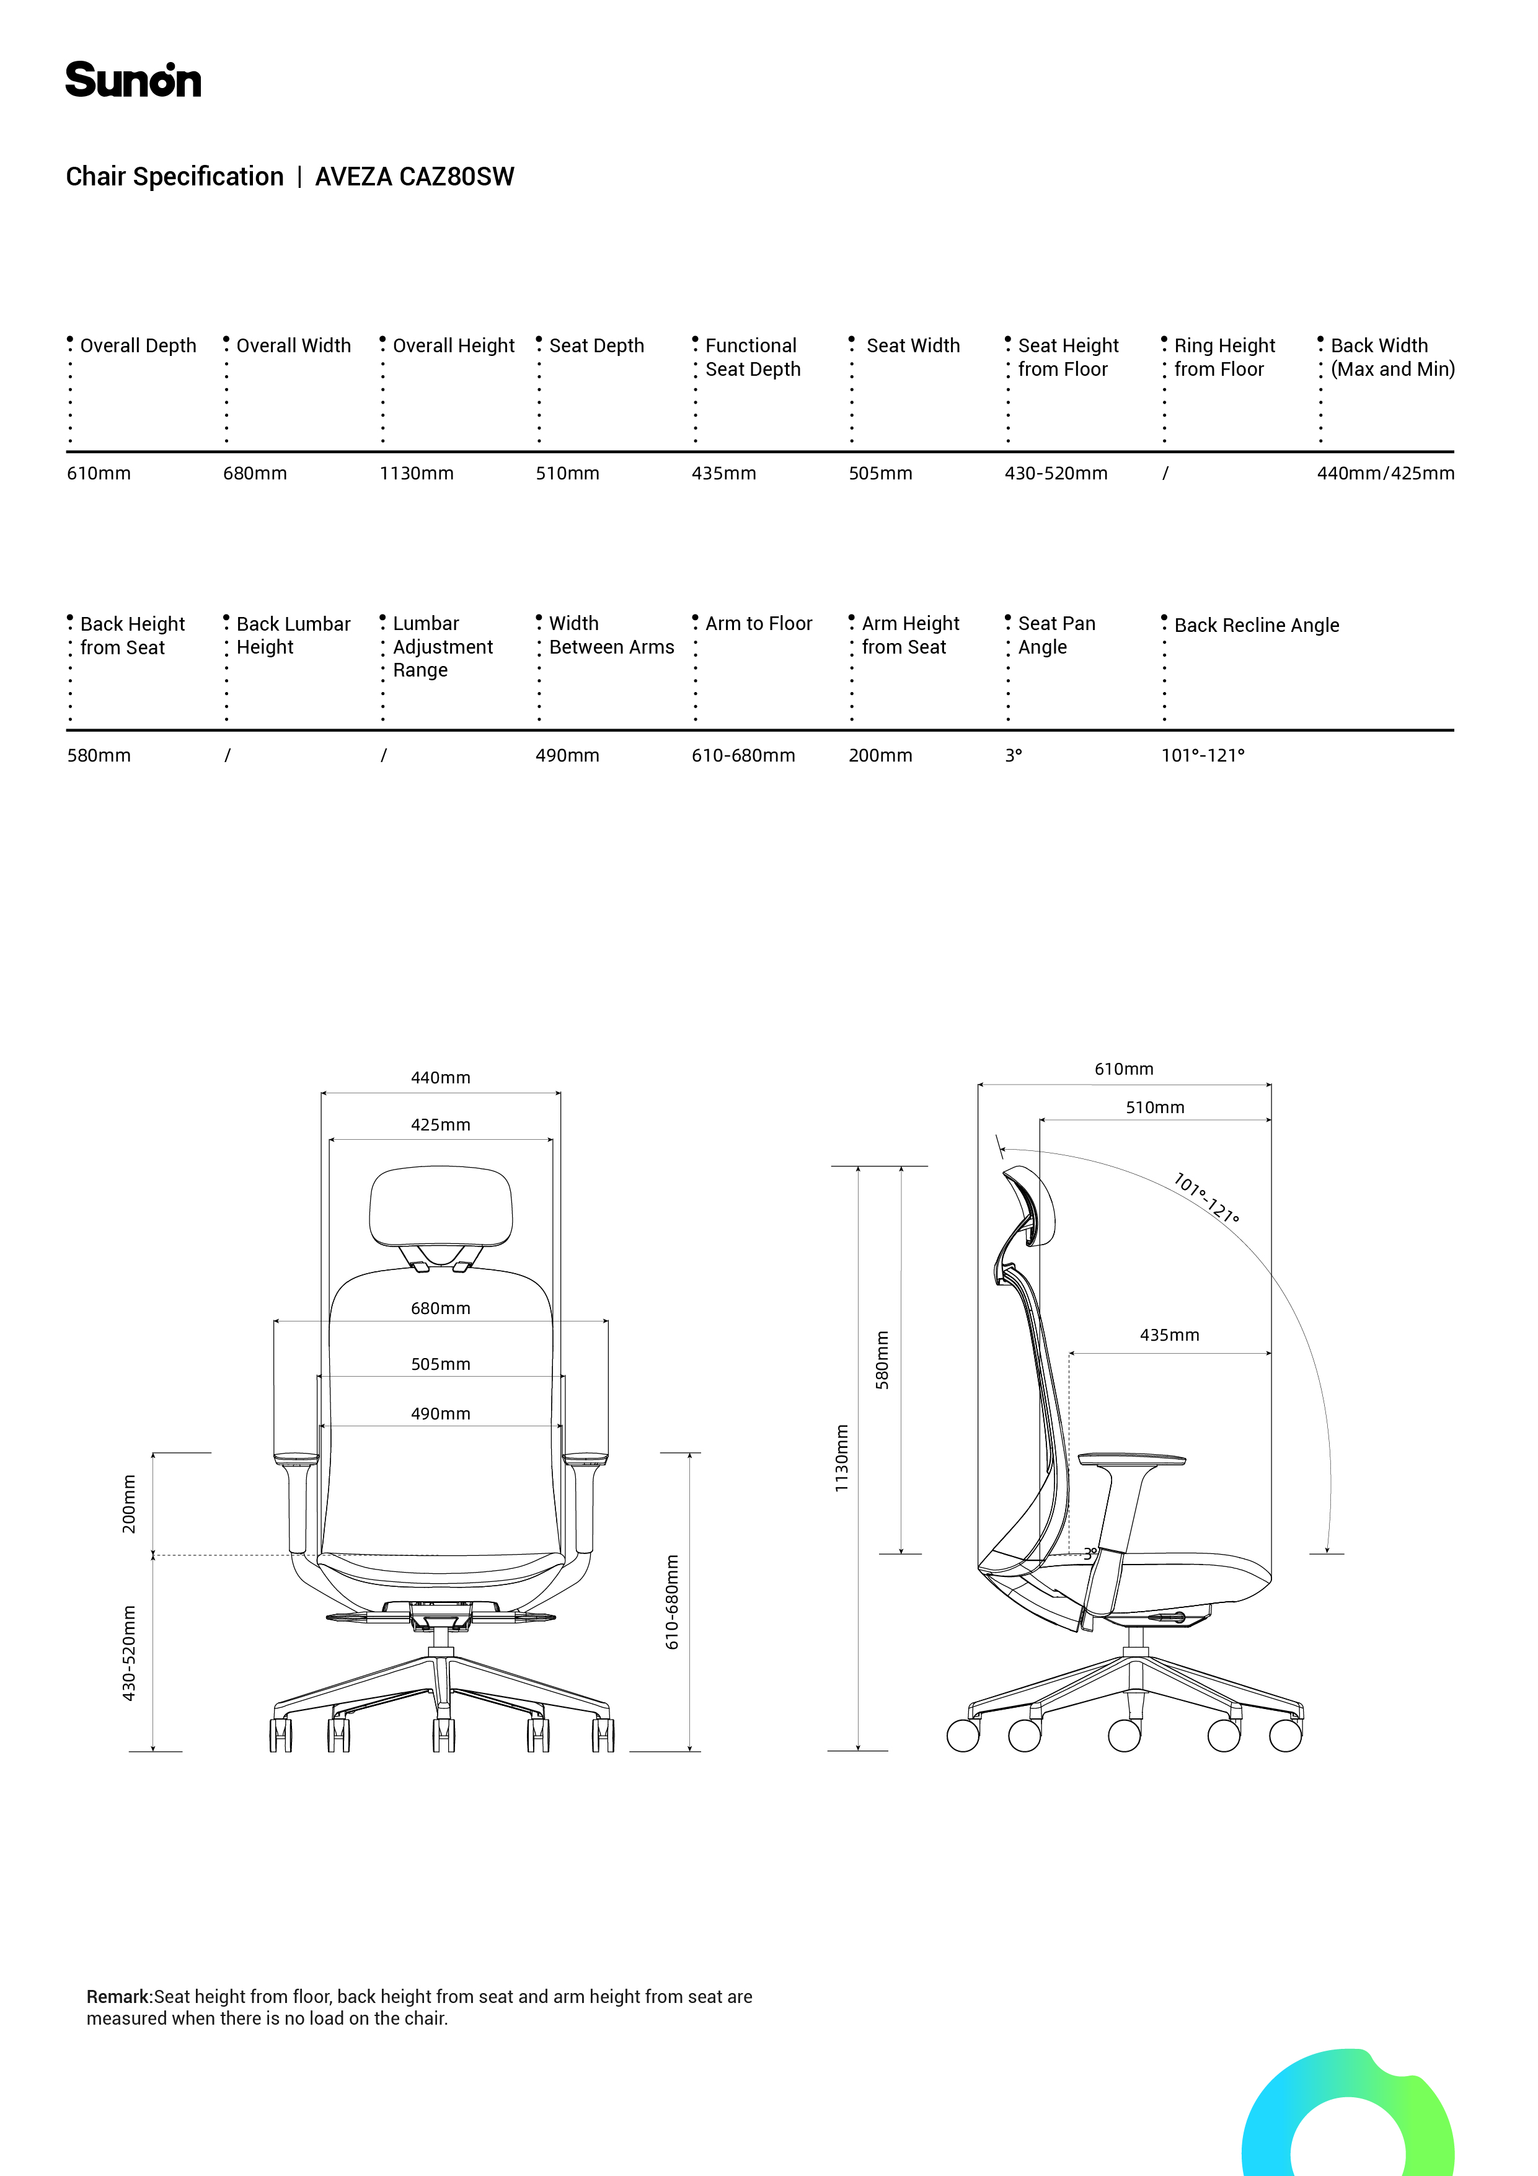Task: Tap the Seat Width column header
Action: click(x=913, y=346)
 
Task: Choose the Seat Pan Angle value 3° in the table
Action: click(x=1013, y=755)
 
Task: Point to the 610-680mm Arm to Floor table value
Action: click(x=743, y=755)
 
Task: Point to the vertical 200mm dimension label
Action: click(x=129, y=1503)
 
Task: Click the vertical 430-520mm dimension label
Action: click(x=129, y=1652)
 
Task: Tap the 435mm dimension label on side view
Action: click(x=1169, y=1334)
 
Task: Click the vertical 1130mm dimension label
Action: click(x=841, y=1458)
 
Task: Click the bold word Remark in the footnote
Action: click(x=118, y=1997)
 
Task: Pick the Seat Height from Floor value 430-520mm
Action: click(x=1056, y=473)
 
